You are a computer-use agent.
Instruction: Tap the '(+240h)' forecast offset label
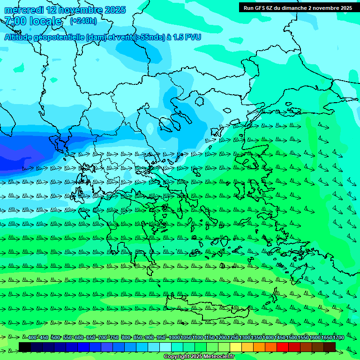(x=83, y=21)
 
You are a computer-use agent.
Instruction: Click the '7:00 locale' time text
(x=33, y=21)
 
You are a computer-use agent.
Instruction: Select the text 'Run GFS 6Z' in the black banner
(x=259, y=8)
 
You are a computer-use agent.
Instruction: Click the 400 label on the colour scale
(x=32, y=338)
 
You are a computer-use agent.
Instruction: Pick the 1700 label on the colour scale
(x=338, y=338)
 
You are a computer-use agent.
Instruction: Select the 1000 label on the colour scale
(x=174, y=338)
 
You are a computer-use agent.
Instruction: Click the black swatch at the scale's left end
(x=25, y=347)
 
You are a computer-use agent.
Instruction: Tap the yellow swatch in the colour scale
(x=236, y=347)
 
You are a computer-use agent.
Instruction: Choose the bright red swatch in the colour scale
(x=283, y=347)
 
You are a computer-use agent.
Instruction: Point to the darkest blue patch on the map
(x=14, y=157)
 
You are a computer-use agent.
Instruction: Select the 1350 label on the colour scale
(x=256, y=338)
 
